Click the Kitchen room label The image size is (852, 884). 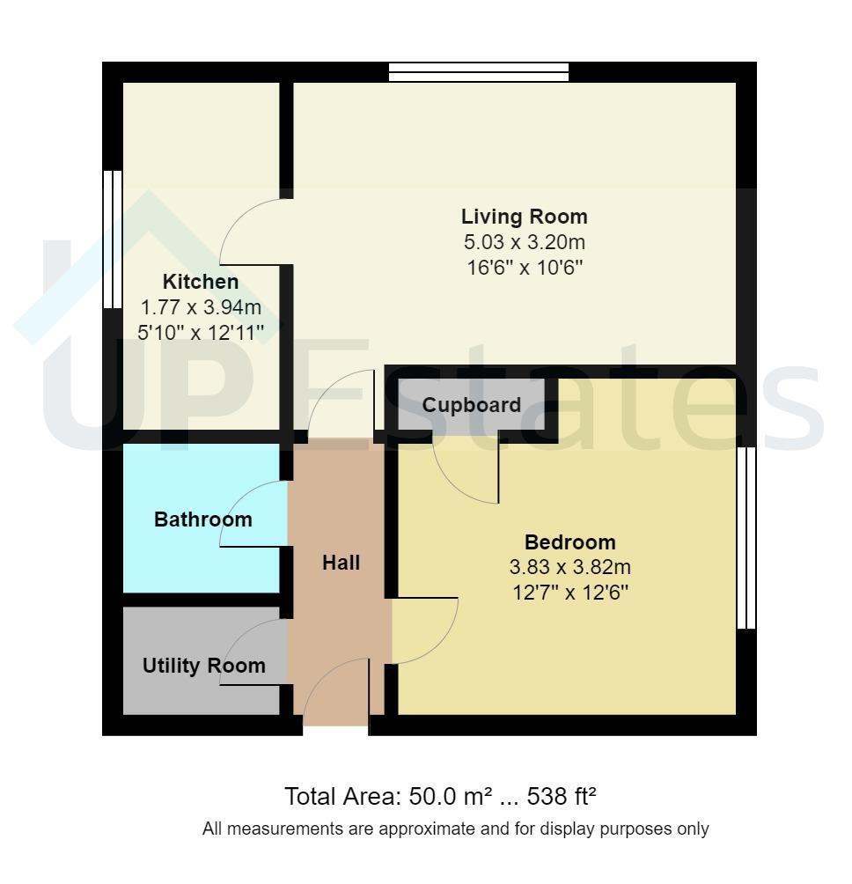pos(201,282)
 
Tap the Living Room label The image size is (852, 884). pos(524,217)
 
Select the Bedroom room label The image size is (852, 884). pos(569,542)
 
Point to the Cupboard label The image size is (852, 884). pos(471,405)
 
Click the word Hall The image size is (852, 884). pos(341,563)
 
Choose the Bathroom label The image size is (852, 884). pos(202,519)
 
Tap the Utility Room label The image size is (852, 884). pos(203,666)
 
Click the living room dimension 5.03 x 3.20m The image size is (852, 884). pos(524,242)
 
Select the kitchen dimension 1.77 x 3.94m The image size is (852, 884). pos(201,307)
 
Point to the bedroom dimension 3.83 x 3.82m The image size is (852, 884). pos(569,567)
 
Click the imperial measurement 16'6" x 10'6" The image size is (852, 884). pos(524,268)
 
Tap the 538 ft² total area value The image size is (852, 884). pos(562,797)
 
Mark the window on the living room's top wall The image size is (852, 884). pos(479,72)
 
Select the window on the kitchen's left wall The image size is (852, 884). pos(113,239)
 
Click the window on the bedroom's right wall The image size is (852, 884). pos(746,538)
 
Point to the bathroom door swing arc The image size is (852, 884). pos(238,496)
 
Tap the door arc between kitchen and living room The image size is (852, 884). pos(235,217)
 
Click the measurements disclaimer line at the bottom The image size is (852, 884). pos(455,829)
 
